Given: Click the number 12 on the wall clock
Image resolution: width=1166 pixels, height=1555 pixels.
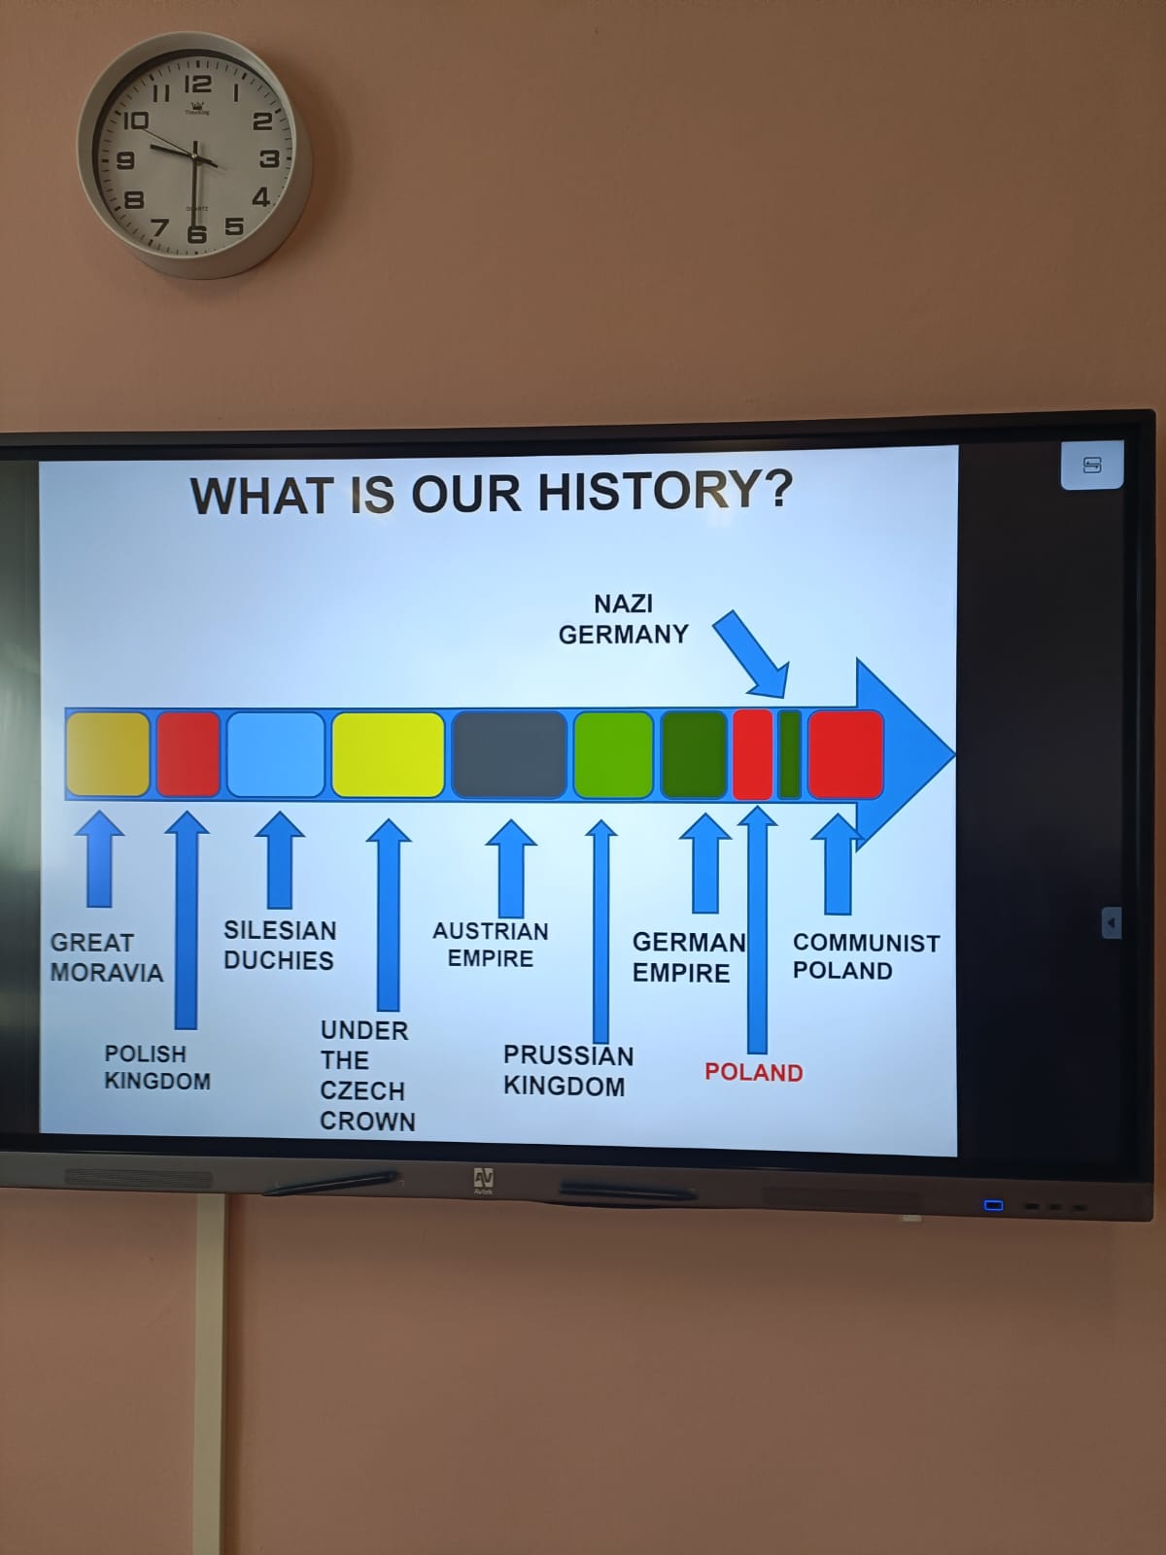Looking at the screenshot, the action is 197,85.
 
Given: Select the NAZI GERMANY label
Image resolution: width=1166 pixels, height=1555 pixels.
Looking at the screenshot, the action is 623,619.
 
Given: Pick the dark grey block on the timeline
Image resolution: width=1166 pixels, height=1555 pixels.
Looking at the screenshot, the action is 509,754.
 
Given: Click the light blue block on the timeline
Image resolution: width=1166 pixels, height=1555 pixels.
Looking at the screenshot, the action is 275,754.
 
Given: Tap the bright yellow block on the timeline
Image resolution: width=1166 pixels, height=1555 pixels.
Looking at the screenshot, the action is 388,754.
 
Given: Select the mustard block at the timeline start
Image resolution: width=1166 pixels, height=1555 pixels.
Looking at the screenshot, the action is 108,754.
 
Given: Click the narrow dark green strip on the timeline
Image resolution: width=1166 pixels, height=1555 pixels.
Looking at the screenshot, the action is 790,754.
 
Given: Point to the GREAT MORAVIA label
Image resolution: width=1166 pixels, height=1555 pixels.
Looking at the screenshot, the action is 106,957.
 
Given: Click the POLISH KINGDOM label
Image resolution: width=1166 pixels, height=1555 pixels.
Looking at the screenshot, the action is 157,1067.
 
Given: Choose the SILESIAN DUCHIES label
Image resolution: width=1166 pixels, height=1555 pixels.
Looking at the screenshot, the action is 280,945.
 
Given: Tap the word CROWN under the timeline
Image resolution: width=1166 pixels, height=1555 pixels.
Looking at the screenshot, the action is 367,1121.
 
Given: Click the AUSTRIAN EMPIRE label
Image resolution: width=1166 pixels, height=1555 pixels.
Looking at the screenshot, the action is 491,945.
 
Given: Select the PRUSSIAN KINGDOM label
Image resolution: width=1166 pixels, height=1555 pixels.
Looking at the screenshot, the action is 567,1070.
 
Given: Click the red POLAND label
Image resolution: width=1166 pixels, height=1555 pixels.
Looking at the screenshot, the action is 753,1073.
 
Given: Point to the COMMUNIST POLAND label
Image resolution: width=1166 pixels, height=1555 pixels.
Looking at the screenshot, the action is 866,956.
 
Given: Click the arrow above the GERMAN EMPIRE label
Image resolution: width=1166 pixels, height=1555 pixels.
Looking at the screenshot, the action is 705,863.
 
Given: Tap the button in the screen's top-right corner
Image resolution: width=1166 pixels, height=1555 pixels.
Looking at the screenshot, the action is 1091,465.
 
